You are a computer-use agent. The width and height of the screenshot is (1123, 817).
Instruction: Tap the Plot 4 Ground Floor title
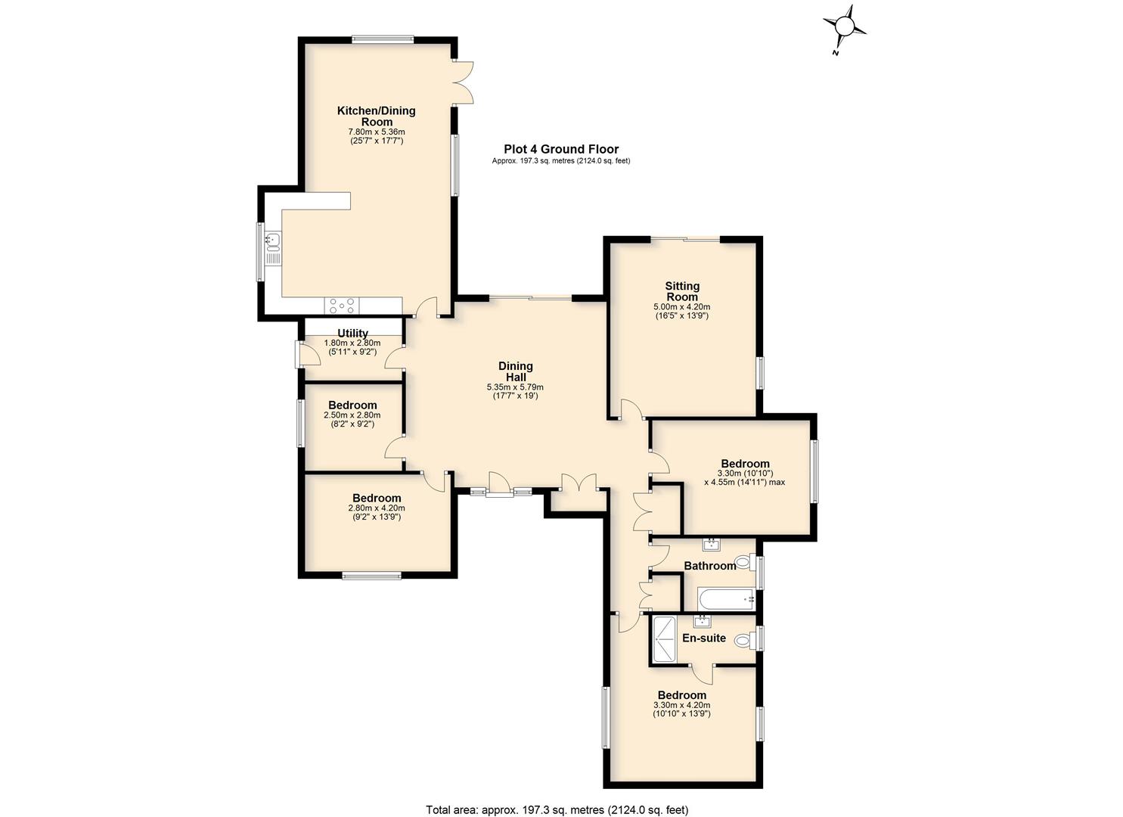click(561, 149)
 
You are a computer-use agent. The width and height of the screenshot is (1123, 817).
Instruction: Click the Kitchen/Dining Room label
click(376, 116)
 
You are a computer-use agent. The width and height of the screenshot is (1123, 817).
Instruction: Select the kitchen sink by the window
click(273, 241)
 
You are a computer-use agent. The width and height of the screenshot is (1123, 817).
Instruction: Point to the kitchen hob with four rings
click(342, 306)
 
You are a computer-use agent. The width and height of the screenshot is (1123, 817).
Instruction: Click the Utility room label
click(352, 333)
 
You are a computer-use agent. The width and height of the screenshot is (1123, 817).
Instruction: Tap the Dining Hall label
click(516, 371)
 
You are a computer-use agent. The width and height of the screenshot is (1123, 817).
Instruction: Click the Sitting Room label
click(682, 291)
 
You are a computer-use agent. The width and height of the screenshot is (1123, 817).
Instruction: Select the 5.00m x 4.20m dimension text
click(682, 307)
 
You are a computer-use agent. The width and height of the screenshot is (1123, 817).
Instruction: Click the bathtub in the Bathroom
click(727, 599)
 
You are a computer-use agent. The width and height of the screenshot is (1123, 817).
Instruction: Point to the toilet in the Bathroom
click(744, 561)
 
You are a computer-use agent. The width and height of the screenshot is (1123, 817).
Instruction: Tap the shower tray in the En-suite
click(665, 639)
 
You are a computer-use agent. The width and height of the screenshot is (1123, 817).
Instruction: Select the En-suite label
click(704, 638)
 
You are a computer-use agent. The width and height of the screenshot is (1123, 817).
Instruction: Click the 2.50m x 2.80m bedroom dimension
click(352, 415)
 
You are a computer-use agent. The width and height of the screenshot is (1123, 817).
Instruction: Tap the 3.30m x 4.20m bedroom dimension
click(682, 704)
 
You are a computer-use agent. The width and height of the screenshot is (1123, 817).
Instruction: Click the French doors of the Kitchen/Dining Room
click(464, 82)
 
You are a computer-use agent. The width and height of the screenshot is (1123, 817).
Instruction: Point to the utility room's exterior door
click(307, 354)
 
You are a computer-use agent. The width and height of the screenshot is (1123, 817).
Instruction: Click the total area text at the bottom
click(557, 795)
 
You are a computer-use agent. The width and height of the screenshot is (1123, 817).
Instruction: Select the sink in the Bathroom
click(712, 544)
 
